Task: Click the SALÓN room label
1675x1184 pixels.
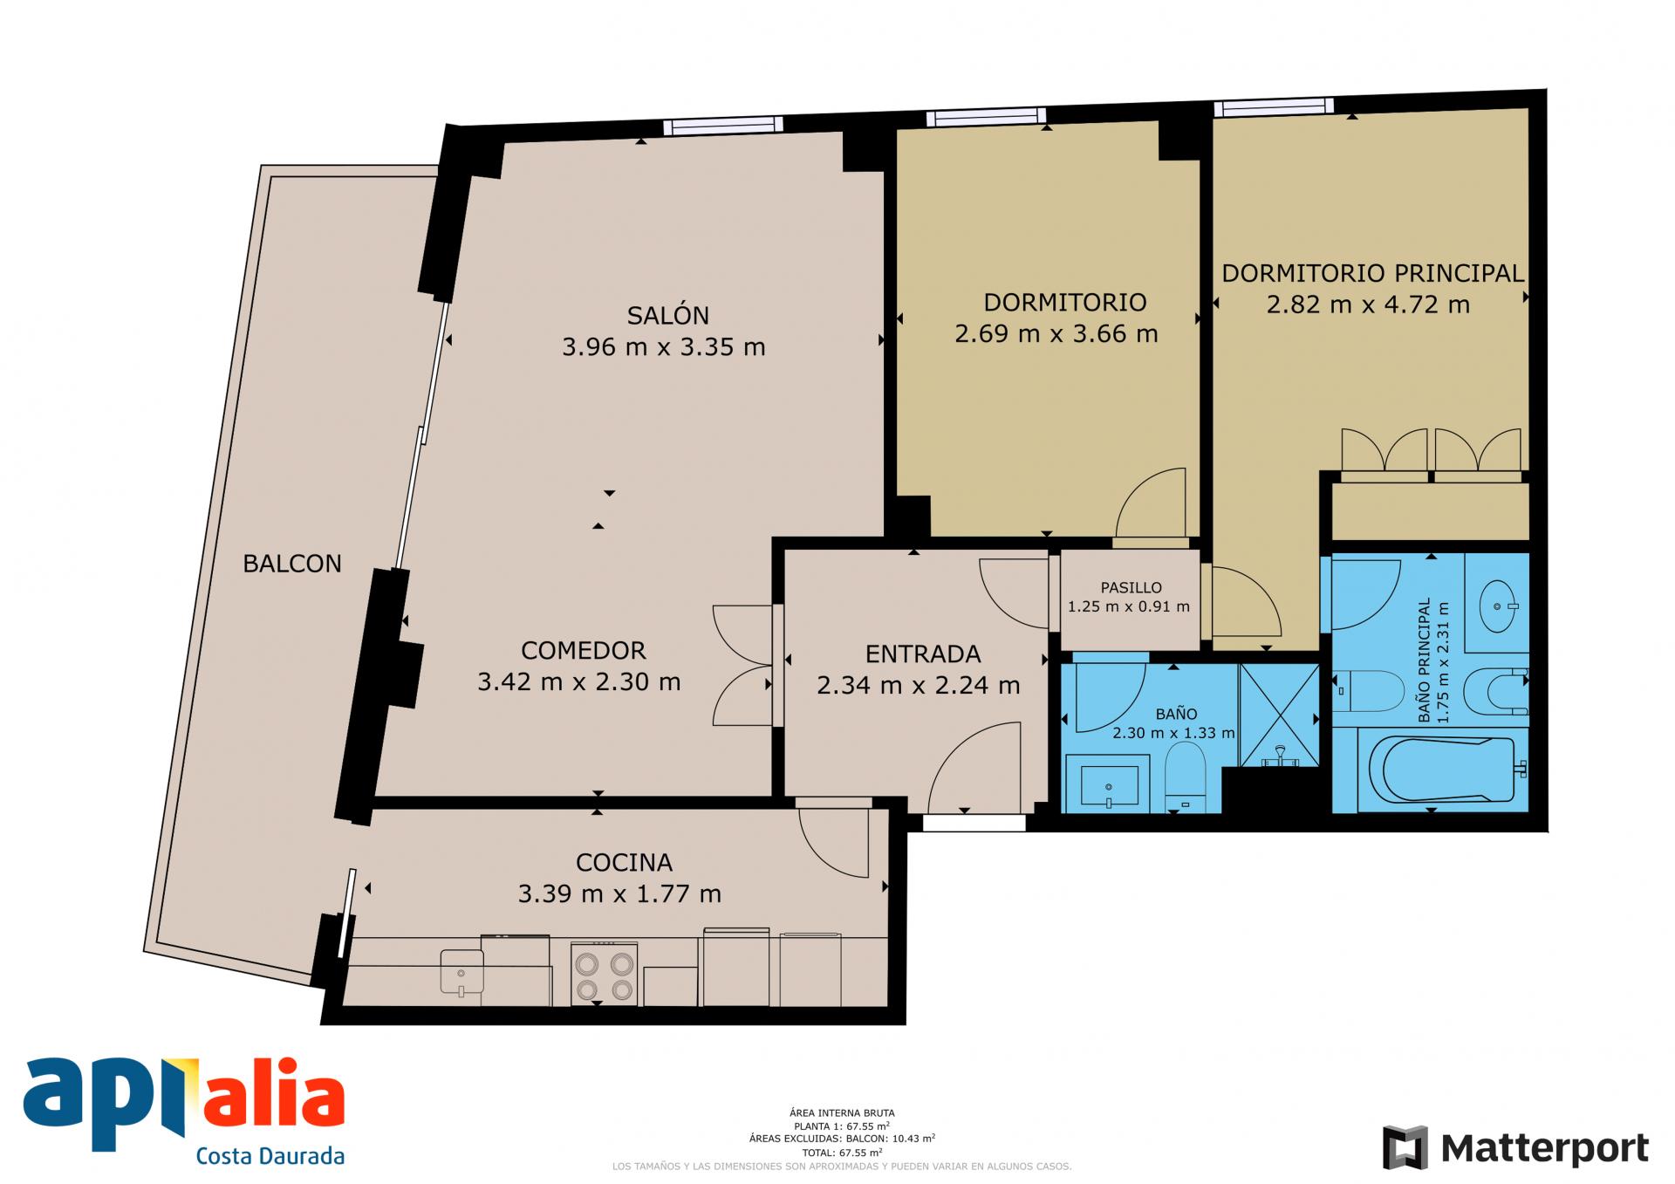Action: (x=667, y=314)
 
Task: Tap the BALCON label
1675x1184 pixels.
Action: (x=292, y=564)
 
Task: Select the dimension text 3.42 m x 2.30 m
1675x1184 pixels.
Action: (x=578, y=681)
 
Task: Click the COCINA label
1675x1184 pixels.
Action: (x=624, y=862)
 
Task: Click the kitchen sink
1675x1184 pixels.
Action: (x=461, y=972)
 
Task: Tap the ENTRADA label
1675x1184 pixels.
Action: (x=923, y=654)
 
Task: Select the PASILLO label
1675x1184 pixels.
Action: (x=1131, y=587)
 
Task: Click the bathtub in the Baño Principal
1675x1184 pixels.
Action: (x=1446, y=769)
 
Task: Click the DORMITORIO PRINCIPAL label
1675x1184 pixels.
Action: (x=1372, y=273)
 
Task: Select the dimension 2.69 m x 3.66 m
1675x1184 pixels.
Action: (x=1056, y=333)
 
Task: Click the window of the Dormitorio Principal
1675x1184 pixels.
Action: (x=1274, y=107)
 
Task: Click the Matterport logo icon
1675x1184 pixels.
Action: (x=1405, y=1147)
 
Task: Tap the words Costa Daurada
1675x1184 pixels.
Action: (x=270, y=1156)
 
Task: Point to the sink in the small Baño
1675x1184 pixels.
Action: (x=1110, y=785)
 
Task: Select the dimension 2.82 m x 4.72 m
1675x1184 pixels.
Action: (x=1368, y=305)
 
